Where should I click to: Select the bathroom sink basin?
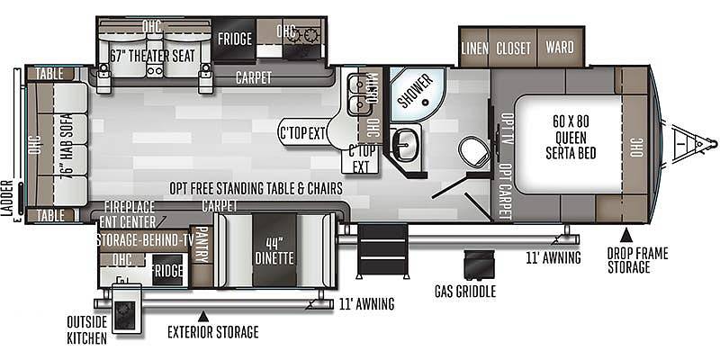point(407,145)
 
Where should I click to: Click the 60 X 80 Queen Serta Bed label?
point(571,138)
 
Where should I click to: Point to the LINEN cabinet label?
point(475,48)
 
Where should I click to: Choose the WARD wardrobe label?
point(560,48)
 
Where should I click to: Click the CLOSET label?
point(513,48)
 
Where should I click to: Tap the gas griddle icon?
point(479,265)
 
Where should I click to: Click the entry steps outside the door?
point(382,251)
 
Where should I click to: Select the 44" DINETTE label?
point(275,252)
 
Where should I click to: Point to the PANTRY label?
point(201,245)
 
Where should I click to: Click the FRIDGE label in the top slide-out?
point(235,39)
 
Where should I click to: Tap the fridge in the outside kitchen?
point(167,271)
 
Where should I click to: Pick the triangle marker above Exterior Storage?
point(203,317)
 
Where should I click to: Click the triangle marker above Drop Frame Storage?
point(625,236)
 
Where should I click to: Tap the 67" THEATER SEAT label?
point(153,56)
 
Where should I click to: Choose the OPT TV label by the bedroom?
point(507,130)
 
